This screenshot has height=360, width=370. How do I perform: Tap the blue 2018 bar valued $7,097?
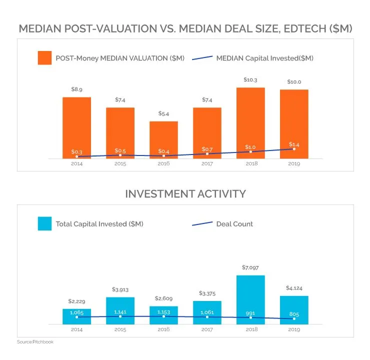coord(250,297)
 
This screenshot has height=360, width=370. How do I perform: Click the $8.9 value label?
coord(76,89)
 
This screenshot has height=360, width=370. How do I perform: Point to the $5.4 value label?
coord(163,113)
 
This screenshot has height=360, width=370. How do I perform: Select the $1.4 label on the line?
coord(294,144)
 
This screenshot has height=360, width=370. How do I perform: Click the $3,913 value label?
coord(120,289)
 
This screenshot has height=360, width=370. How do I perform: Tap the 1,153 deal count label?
coord(163,312)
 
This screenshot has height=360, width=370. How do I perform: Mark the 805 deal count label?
coord(294,314)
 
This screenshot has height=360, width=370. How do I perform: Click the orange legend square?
coord(45,58)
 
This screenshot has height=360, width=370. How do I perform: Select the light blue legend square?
coord(45,223)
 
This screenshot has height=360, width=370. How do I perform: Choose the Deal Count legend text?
coord(234,224)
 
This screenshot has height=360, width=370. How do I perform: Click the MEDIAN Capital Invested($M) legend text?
coord(264,58)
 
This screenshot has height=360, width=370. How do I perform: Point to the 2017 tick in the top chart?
coord(207,163)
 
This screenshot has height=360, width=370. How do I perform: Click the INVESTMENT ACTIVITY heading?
coord(185,193)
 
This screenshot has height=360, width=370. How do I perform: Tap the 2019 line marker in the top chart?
coord(294,149)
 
